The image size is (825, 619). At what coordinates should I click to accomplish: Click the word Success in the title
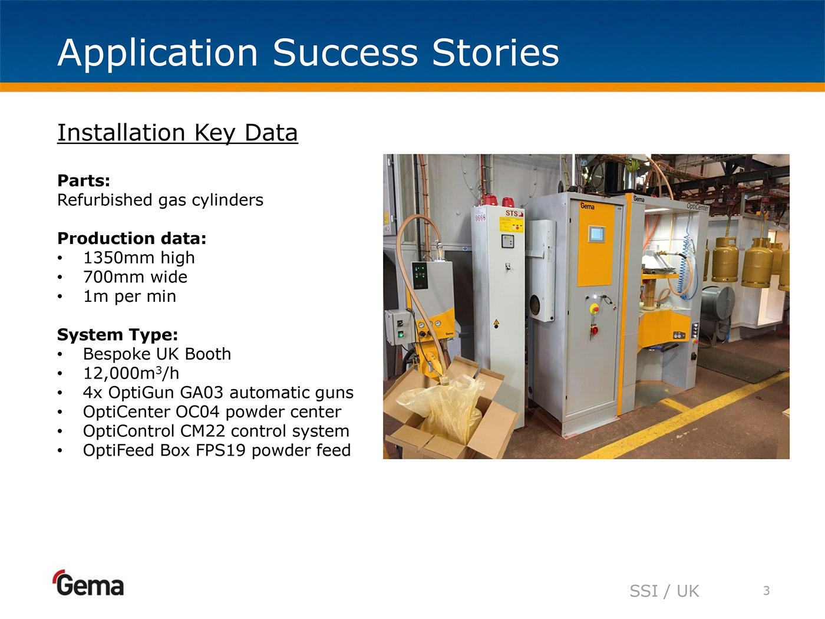tap(345, 52)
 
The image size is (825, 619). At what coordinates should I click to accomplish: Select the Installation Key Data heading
tap(177, 133)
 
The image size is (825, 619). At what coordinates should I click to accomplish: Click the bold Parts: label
tap(84, 181)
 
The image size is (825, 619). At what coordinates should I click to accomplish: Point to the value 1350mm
tap(119, 258)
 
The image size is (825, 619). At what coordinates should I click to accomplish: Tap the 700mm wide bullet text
tap(135, 277)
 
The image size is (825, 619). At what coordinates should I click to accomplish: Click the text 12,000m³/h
tap(131, 373)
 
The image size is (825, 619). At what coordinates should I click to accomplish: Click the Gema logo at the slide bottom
tap(88, 583)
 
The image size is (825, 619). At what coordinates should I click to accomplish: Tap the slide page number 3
tap(767, 591)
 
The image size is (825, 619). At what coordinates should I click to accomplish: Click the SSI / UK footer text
tap(664, 591)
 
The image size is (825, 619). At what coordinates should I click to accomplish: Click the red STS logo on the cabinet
tap(514, 213)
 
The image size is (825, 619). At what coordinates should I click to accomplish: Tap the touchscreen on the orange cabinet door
tap(596, 234)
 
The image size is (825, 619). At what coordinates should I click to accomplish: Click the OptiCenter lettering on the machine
tap(698, 206)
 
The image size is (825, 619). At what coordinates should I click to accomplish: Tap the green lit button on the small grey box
tap(401, 334)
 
